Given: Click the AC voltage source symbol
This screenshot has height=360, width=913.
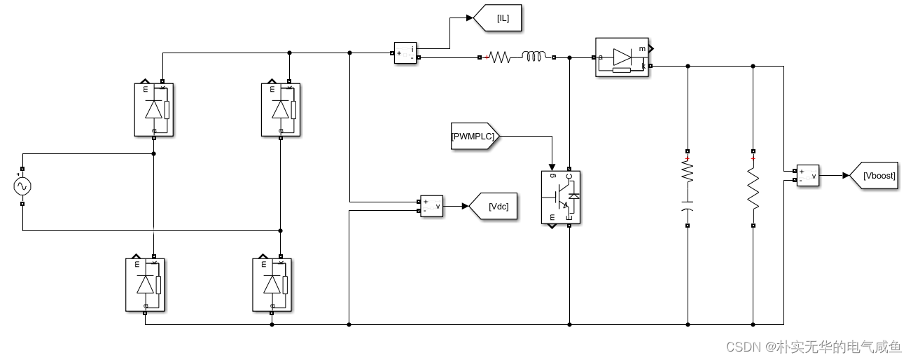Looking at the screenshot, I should tap(22, 186).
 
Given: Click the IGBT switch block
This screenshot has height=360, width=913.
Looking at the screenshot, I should tap(561, 198).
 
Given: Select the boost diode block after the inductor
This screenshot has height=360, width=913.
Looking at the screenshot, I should tap(621, 57).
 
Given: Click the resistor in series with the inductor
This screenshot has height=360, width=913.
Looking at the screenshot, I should tap(499, 57).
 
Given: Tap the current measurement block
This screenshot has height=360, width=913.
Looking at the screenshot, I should tap(405, 53).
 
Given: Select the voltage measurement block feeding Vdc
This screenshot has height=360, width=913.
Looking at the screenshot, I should tap(431, 206).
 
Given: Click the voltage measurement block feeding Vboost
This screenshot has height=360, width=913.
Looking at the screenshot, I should tap(807, 175).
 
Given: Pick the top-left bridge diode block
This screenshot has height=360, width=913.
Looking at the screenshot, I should tap(153, 109).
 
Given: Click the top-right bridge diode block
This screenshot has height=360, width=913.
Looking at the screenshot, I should tap(281, 109).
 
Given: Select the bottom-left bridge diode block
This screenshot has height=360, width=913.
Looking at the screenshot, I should tap(145, 284).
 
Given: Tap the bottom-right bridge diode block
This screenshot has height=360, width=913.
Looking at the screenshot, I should tap(272, 284).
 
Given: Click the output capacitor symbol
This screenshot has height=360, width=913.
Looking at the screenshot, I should tap(688, 209).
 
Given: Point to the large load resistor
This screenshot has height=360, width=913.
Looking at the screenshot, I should tap(753, 188).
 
